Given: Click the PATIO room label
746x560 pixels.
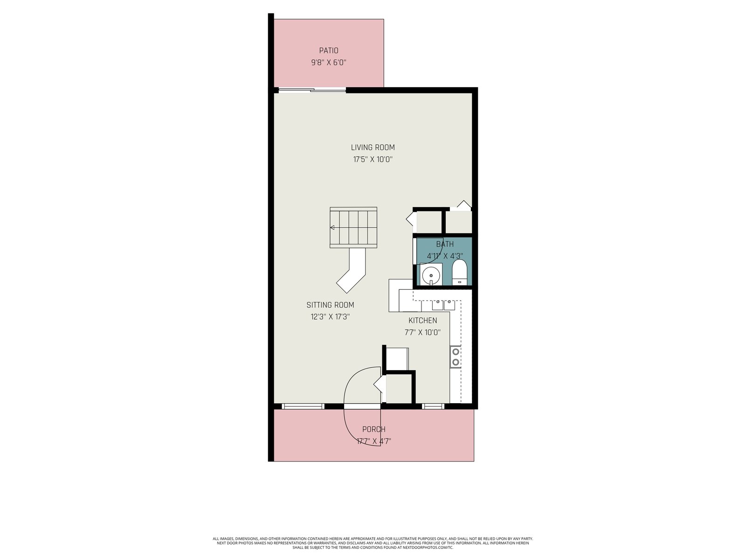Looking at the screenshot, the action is coord(328,51).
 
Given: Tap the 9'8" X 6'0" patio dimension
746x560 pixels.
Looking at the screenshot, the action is coord(328,63).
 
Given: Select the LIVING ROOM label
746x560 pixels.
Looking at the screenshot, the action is coord(373,147).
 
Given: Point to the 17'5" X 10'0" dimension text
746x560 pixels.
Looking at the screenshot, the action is coord(373,160).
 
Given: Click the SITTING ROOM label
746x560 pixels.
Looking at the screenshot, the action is coord(330,305).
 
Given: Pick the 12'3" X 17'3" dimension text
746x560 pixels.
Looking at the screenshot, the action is coord(330,317).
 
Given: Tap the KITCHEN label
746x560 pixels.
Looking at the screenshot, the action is coord(422,320).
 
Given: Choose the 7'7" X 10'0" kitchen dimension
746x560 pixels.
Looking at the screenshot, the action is coord(422,332).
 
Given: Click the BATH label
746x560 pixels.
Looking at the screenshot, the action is coord(444,244).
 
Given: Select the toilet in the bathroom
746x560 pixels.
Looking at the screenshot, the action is coord(460,273).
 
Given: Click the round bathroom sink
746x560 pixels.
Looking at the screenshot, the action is coord(431,274).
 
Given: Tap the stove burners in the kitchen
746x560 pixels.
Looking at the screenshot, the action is coord(456,357).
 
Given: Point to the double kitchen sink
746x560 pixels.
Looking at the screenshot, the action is coord(443,305).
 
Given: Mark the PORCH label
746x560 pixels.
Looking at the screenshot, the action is coord(373,429).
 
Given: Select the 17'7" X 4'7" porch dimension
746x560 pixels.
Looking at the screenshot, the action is coord(373,441).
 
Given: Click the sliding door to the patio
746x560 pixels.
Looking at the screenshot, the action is coord(312,90).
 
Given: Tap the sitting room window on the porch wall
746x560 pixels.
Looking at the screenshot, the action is coord(303,406).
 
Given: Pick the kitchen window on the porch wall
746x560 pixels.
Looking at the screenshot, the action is coord(433,406).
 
